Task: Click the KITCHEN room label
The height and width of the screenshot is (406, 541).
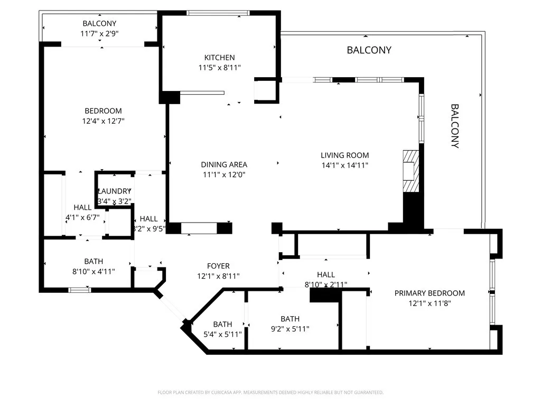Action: (x=219, y=58)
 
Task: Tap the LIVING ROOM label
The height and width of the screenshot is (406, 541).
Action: (x=344, y=155)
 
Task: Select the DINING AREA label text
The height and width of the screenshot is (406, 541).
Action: (x=224, y=164)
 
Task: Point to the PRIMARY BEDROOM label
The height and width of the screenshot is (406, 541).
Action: (x=430, y=293)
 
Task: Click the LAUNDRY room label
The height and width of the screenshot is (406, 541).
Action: (x=114, y=191)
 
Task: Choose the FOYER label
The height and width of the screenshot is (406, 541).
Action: (x=218, y=266)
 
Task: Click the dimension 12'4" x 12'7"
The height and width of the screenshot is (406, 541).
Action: (x=103, y=121)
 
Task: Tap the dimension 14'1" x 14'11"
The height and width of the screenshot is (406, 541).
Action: (x=344, y=165)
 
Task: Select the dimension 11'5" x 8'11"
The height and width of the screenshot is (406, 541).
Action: (x=219, y=68)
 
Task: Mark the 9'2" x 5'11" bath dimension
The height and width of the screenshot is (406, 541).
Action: (x=290, y=329)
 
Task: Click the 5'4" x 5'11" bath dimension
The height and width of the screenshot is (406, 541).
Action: (x=222, y=334)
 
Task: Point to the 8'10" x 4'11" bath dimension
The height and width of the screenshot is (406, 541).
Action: (x=94, y=271)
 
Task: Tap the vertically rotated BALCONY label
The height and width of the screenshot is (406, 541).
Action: (x=454, y=126)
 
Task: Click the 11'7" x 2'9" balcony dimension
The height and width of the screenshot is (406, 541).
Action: (x=99, y=33)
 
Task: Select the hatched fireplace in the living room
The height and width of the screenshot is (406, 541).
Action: (x=411, y=172)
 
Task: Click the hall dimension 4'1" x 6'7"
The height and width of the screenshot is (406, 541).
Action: (x=82, y=217)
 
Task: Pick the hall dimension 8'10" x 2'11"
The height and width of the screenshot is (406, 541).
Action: (x=326, y=284)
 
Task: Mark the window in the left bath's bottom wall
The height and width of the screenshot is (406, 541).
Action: (x=80, y=290)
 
